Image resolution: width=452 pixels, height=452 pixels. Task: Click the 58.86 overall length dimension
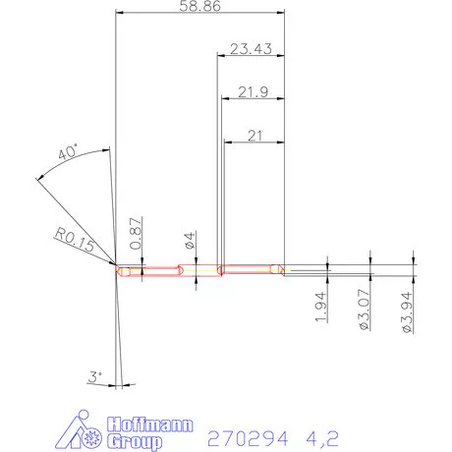(200, 7)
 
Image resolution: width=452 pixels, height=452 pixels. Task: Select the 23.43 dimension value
(251, 48)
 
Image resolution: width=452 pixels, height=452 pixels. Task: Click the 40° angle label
(68, 154)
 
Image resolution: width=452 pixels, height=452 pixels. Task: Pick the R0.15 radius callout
(75, 242)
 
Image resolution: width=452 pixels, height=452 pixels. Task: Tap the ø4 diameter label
(190, 240)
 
